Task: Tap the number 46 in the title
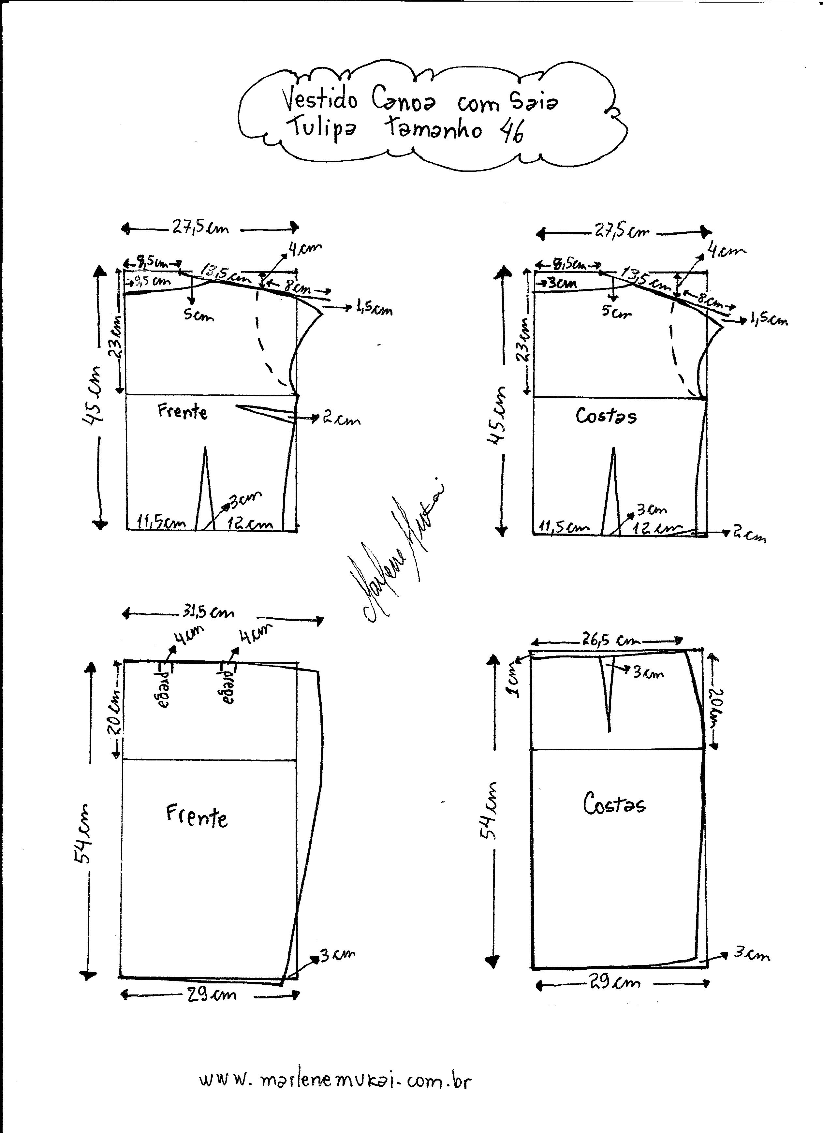(x=511, y=131)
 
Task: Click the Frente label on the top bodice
(x=183, y=412)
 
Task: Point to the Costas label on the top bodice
(x=606, y=416)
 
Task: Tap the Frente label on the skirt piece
(x=197, y=817)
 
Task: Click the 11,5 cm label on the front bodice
(x=161, y=523)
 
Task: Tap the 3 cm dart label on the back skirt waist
(x=648, y=673)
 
